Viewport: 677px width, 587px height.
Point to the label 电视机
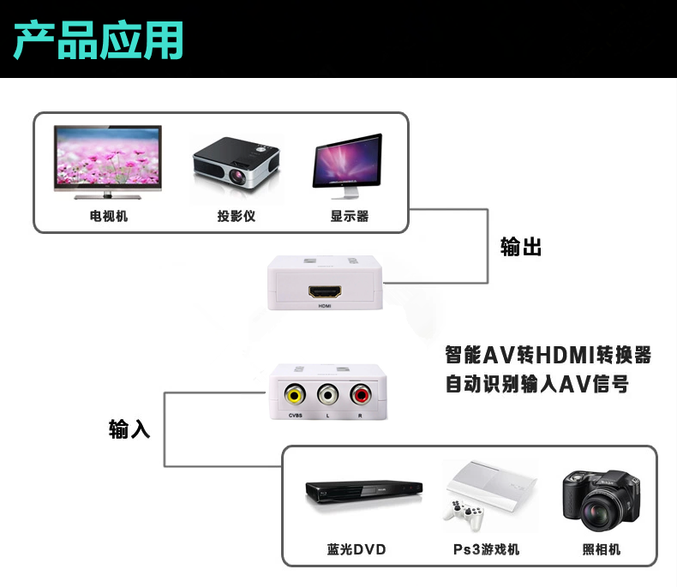coord(109,217)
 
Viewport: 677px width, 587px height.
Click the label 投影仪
coord(236,217)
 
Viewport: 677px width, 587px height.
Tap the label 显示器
coord(350,217)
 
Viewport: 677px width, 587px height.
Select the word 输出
coord(521,248)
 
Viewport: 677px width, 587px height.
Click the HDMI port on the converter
coord(326,291)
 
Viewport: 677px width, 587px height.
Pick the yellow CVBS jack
coord(295,395)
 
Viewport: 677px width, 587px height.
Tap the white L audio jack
coord(327,395)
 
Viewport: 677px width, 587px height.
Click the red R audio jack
coord(359,395)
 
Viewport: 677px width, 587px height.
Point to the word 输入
coord(129,429)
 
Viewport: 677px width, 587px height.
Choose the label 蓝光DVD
coord(356,549)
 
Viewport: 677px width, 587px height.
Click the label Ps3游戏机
coord(486,549)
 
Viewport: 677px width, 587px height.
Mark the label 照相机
coord(601,549)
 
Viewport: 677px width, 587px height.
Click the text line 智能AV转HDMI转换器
coord(548,354)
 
